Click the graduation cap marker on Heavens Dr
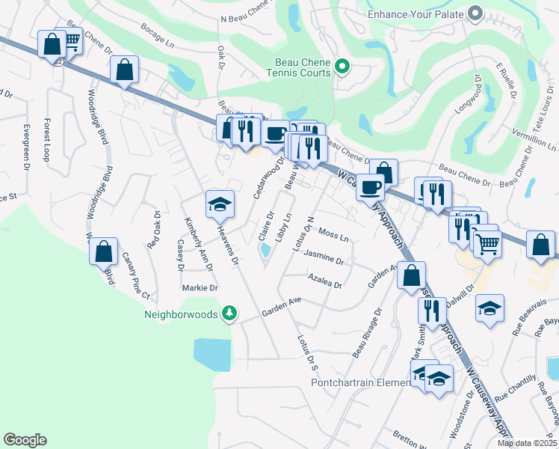pos(220,204)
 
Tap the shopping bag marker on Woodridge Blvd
pos(104,251)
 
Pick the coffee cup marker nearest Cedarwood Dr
pos(275,134)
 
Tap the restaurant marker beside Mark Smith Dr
pos(431,311)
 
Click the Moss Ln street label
pos(333,236)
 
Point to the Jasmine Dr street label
pos(324,259)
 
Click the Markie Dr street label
pos(200,287)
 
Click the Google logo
pos(25,440)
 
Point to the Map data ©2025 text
pos(527,443)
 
